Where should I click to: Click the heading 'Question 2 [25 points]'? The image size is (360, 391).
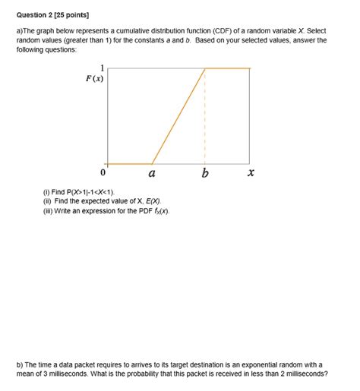pyautogui.click(x=47, y=8)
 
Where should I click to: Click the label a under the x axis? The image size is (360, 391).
pyautogui.click(x=152, y=173)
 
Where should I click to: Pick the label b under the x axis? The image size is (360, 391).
pyautogui.click(x=205, y=173)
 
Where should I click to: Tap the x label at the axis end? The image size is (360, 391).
pyautogui.click(x=251, y=173)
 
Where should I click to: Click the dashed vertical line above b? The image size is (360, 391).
pyautogui.click(x=205, y=114)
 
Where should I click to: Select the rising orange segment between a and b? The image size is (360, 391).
pyautogui.click(x=178, y=116)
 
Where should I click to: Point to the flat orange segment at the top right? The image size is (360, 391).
pyautogui.click(x=228, y=69)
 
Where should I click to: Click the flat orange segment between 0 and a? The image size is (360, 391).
pyautogui.click(x=129, y=163)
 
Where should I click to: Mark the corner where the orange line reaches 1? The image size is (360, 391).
pyautogui.click(x=205, y=69)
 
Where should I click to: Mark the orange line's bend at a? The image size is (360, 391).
pyautogui.click(x=152, y=163)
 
